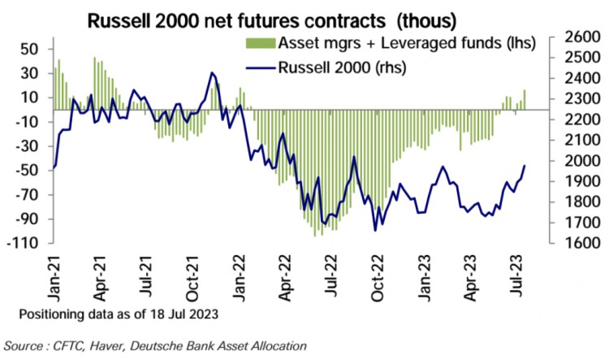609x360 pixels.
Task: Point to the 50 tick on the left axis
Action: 30,49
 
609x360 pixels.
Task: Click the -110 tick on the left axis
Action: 24,243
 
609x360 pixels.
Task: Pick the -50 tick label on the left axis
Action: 27,170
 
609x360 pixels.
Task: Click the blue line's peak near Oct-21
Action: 211,73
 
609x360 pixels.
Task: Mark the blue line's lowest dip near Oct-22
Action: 375,231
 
